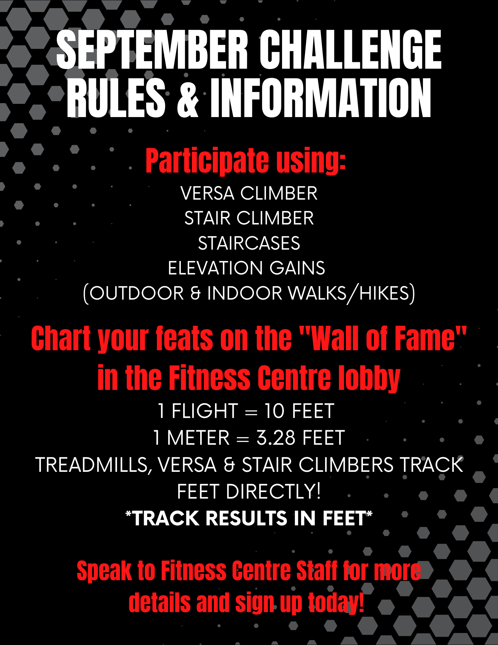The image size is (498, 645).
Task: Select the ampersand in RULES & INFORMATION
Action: click(188, 97)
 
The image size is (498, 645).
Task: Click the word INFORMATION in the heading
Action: click(321, 97)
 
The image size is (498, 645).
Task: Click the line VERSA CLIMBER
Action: click(249, 193)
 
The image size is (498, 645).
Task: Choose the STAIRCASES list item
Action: click(249, 243)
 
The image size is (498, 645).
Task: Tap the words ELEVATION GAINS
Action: click(247, 268)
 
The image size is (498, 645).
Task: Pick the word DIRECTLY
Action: click(273, 491)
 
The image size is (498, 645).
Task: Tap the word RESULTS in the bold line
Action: click(247, 518)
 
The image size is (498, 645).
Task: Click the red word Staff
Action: click(317, 571)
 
